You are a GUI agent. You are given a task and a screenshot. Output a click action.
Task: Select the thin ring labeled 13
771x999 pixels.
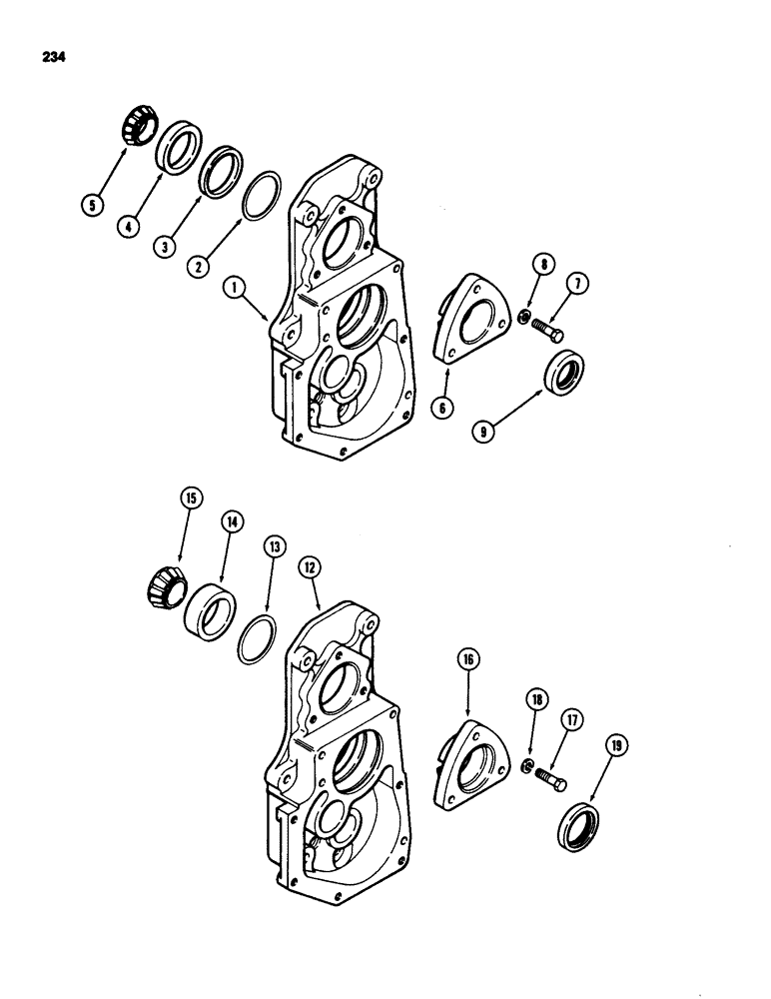click(261, 639)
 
